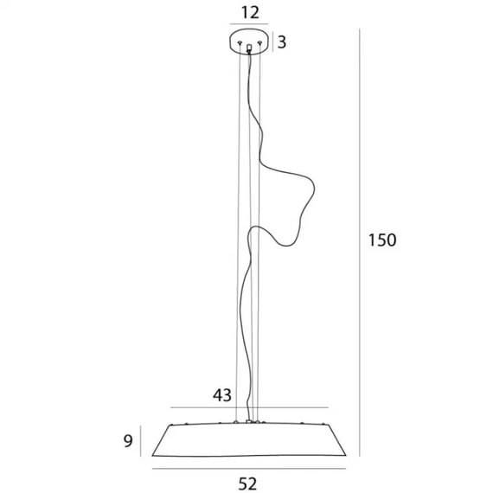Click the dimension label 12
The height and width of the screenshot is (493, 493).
click(x=250, y=13)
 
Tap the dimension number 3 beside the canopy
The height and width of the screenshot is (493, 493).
click(x=282, y=42)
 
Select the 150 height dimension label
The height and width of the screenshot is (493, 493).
click(x=382, y=240)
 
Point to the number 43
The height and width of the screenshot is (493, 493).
click(x=222, y=395)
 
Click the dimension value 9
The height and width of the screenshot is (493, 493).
click(x=128, y=441)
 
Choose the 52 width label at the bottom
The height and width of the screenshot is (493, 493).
click(x=247, y=483)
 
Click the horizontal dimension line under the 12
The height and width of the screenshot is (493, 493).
click(x=249, y=24)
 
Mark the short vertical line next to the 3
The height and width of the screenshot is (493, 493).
click(x=272, y=42)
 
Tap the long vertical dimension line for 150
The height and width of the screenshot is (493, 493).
click(x=360, y=242)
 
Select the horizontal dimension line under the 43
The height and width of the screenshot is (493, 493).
click(x=249, y=407)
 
